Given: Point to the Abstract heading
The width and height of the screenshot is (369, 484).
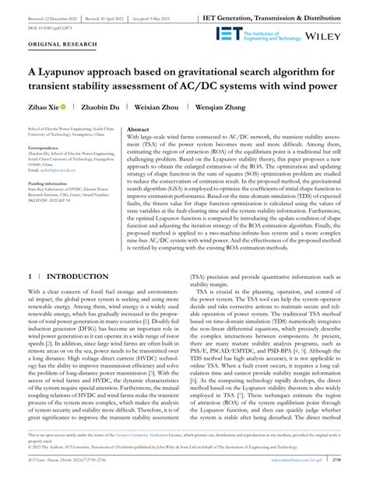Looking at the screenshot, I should coord(139,129).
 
